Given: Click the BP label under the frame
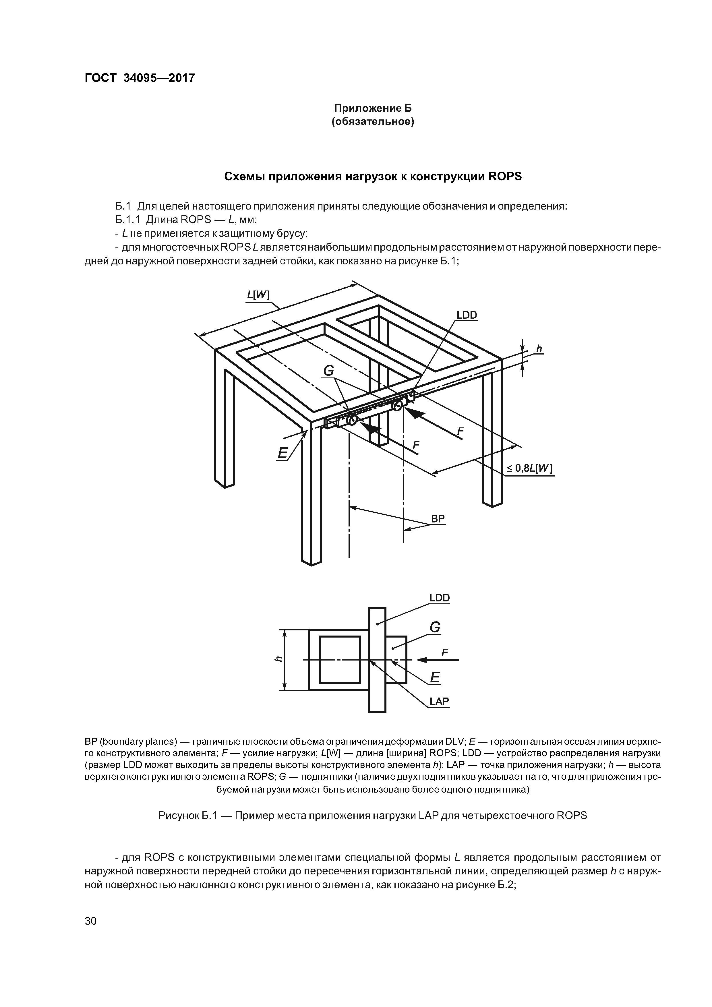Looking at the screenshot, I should coord(437,519).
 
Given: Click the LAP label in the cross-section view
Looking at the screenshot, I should coord(439,701).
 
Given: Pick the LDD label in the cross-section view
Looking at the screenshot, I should coord(439,598).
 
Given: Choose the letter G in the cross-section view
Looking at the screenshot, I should coord(434,628).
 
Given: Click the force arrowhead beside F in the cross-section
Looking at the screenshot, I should coord(422,660).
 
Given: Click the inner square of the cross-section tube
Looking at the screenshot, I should coord(340,660).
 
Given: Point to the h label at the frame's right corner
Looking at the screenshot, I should coord(539,349).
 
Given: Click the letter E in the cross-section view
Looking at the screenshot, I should coord(435,678).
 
